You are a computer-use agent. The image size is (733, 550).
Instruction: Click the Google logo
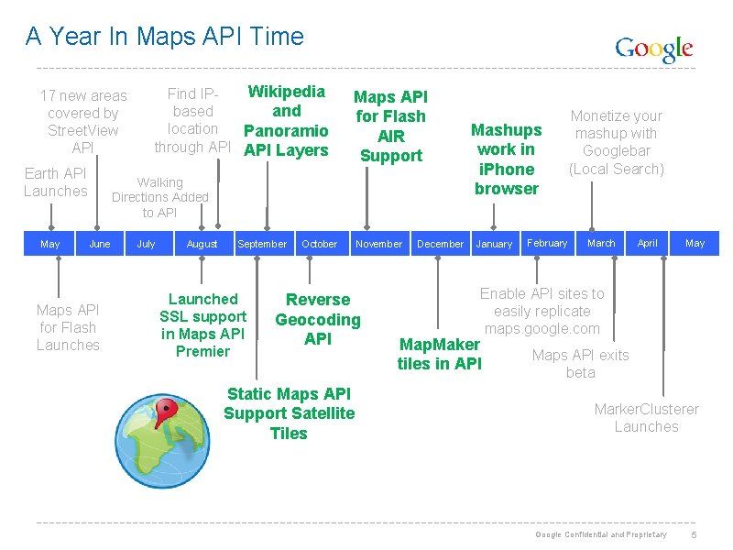[653, 49]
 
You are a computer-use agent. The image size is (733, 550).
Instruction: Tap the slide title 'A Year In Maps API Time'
[165, 37]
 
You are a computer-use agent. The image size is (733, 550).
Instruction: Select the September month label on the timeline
[262, 244]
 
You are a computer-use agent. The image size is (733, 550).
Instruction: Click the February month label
[547, 243]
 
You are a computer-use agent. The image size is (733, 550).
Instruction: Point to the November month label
[378, 244]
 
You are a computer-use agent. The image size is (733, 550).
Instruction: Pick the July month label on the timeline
[146, 244]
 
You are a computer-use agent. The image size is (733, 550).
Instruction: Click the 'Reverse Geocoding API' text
[318, 319]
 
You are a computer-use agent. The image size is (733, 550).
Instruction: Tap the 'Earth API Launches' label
[55, 181]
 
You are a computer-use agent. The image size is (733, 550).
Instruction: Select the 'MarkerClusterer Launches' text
[646, 417]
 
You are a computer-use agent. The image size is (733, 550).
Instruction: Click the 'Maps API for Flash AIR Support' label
[391, 126]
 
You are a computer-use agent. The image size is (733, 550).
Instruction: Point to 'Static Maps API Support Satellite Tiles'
[289, 413]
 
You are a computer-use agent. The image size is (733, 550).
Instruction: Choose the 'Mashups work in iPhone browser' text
[506, 159]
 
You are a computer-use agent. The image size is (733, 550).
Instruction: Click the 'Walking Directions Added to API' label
[160, 197]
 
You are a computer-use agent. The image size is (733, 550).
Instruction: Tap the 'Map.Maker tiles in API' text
[440, 354]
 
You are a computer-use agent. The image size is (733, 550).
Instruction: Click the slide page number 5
[695, 534]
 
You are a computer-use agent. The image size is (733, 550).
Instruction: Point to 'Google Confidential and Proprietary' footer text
[601, 534]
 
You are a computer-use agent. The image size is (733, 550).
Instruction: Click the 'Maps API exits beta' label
[580, 364]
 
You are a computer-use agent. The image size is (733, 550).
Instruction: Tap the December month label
[440, 244]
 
